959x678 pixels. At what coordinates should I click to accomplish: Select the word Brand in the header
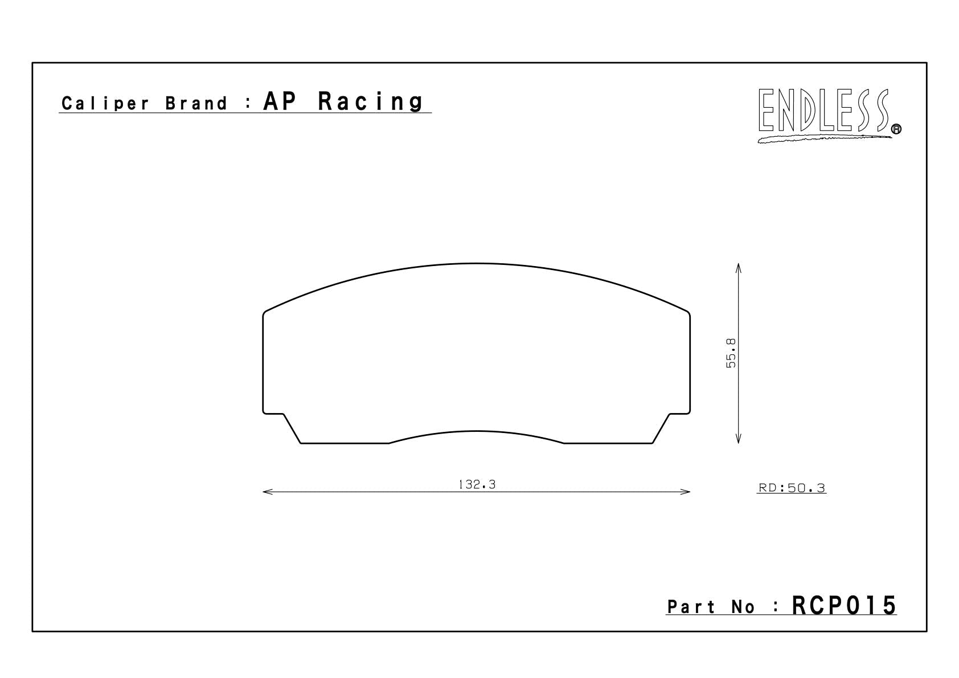196,104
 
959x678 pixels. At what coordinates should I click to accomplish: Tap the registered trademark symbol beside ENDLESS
896,130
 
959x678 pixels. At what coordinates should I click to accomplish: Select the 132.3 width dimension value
477,485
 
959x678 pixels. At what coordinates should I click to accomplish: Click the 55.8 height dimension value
731,353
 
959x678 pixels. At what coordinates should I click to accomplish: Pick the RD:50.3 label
792,488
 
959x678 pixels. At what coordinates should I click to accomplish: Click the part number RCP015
844,606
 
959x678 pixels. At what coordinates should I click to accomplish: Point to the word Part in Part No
691,607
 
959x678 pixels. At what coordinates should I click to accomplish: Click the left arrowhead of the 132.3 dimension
265,492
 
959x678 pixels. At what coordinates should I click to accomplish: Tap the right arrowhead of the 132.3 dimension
687,492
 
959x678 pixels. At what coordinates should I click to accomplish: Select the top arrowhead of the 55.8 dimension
738,267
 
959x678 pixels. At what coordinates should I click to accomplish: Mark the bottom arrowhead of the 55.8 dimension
738,440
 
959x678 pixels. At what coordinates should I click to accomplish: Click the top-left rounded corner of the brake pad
265,313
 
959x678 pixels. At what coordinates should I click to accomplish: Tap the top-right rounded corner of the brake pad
687,313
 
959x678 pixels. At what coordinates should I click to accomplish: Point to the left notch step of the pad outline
282,414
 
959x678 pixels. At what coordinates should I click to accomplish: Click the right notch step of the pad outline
670,414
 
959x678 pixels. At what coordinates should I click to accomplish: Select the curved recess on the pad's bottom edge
476,432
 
